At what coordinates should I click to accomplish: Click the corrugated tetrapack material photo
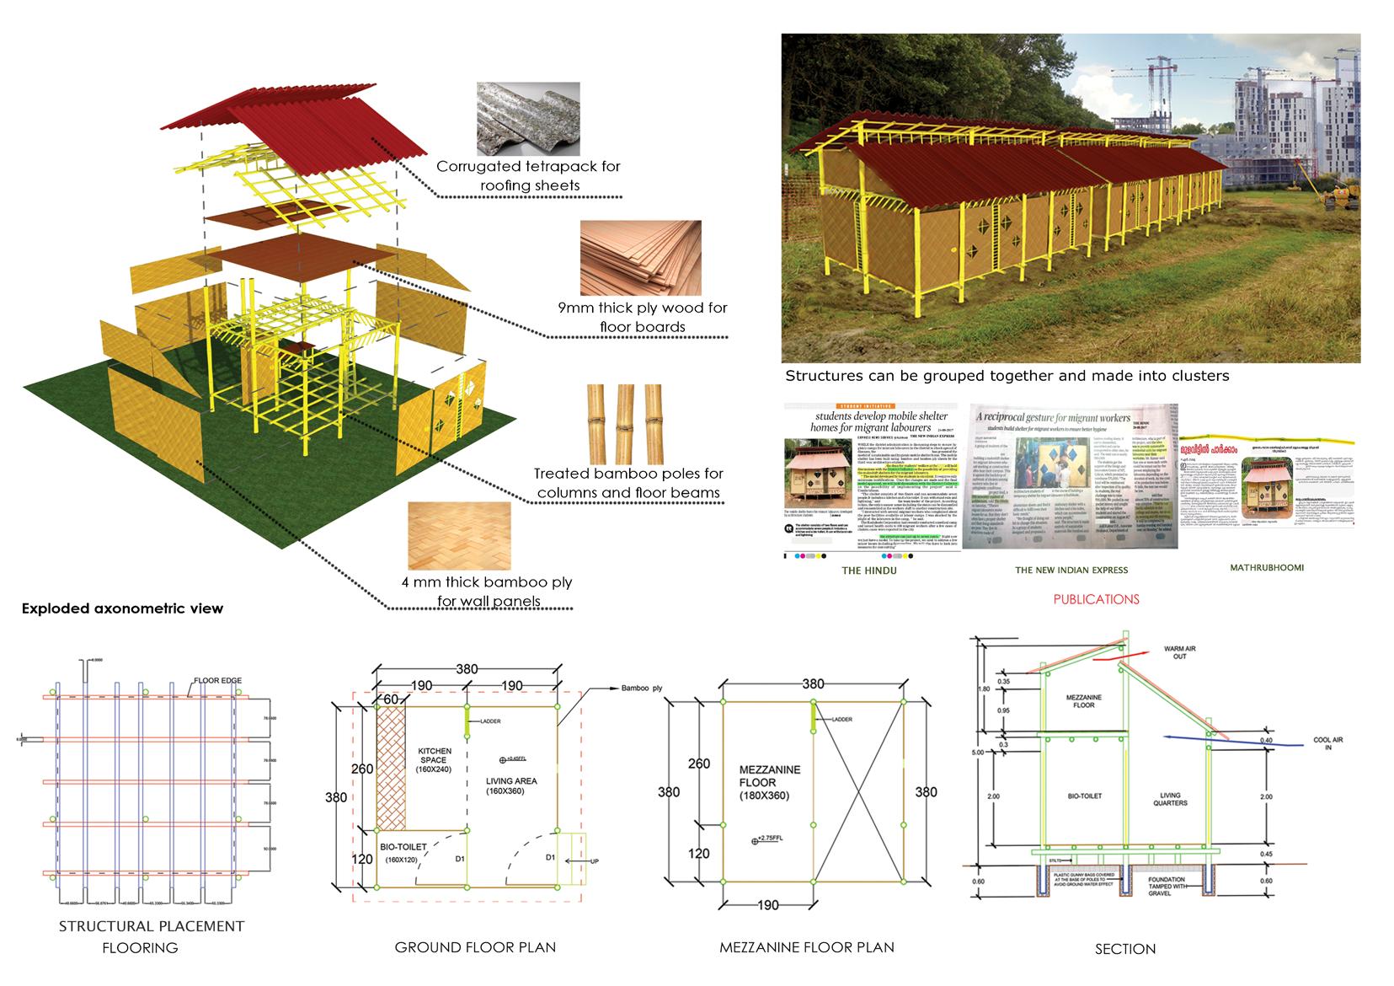527,117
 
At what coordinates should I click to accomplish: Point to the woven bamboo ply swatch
459,536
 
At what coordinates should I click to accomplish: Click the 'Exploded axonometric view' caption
122,608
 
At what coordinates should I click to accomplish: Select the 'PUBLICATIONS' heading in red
1096,599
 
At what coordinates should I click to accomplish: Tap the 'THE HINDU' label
869,571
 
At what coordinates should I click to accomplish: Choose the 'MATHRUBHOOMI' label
1266,567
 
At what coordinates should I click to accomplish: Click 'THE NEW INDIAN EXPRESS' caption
1071,571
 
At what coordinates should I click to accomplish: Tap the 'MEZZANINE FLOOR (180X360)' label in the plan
769,783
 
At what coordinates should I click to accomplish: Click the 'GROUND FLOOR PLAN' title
475,947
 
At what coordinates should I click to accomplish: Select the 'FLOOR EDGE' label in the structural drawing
219,680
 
